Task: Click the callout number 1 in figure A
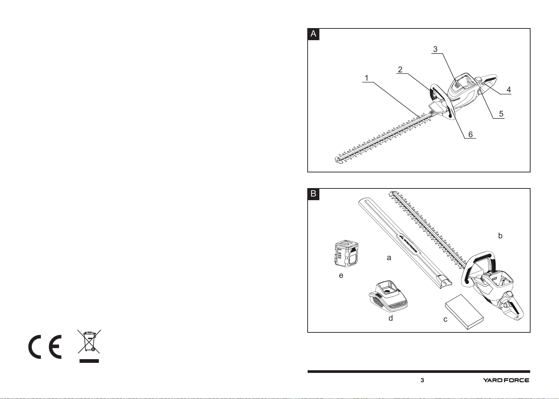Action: tap(366, 78)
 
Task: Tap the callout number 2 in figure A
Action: tap(400, 70)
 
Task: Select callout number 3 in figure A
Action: tap(435, 49)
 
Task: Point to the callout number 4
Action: tap(509, 90)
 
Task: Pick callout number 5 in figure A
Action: tap(501, 114)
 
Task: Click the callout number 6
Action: tap(471, 135)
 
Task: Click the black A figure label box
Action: tap(313, 34)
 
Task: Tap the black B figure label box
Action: tap(313, 194)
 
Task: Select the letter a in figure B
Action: tap(389, 258)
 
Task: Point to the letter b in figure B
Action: tap(500, 236)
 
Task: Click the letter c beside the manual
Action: tap(445, 319)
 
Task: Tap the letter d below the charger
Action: tap(390, 318)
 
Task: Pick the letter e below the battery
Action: tap(341, 275)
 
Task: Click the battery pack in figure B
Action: tap(346, 253)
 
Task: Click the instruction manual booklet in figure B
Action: tap(464, 312)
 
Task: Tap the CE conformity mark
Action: tap(45, 347)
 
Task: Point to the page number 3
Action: tap(422, 380)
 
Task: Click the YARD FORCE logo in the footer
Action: tap(506, 380)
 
